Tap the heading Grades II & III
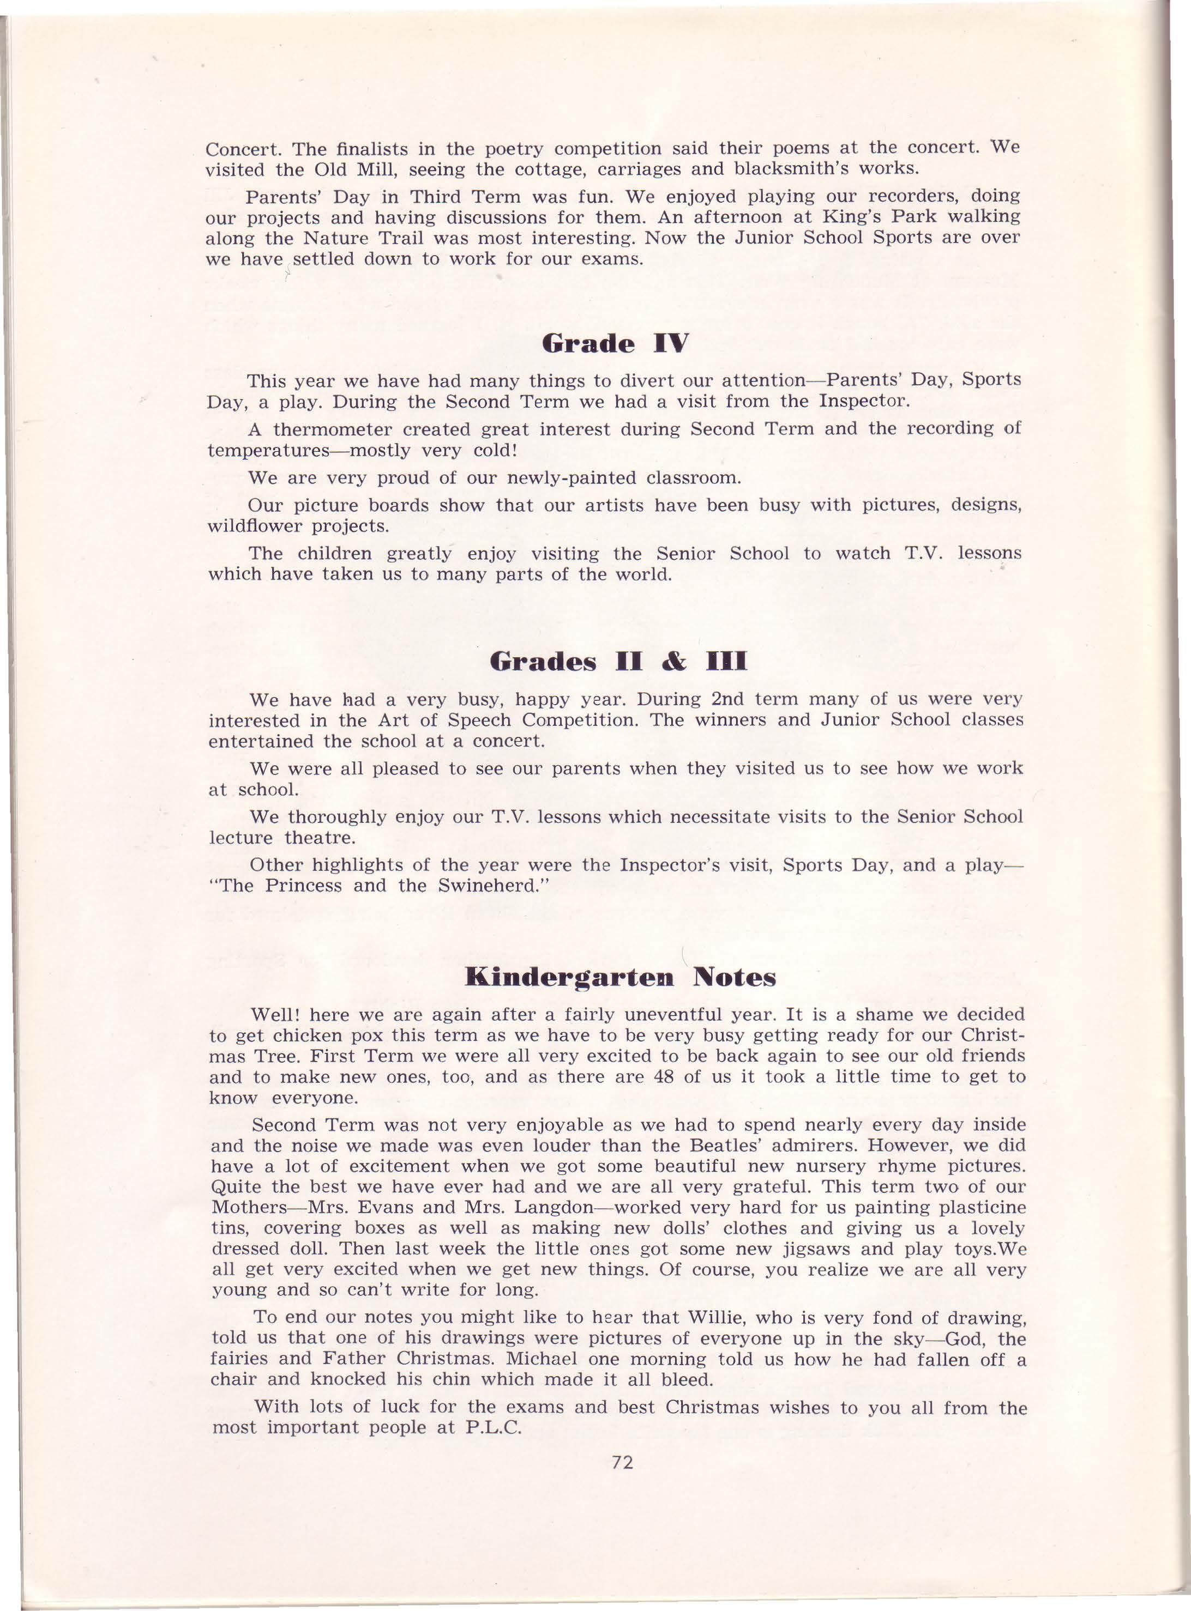[618, 662]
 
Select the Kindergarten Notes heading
[621, 978]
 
